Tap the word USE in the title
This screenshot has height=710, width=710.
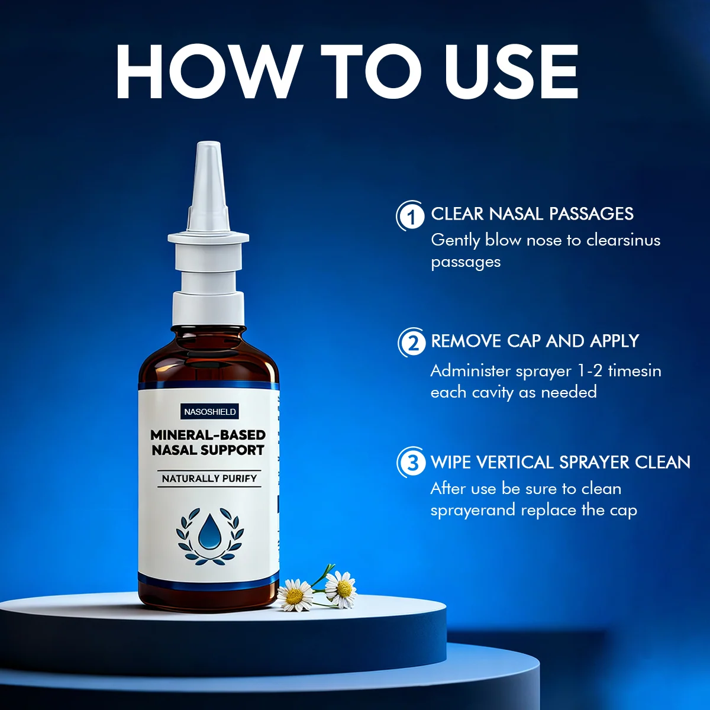point(511,71)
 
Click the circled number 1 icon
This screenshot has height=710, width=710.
point(410,216)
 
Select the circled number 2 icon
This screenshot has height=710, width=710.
point(412,343)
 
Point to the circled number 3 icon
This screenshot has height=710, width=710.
point(411,463)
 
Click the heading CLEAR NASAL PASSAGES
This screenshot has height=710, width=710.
point(532,214)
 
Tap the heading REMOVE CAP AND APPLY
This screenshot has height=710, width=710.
point(535,341)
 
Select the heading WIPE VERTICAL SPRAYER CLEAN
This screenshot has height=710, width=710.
point(560,462)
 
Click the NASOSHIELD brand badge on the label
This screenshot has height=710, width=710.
point(209,412)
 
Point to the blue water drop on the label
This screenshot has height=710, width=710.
point(209,530)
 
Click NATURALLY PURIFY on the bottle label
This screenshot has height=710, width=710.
point(209,478)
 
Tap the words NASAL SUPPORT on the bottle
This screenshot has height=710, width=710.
point(208,450)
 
